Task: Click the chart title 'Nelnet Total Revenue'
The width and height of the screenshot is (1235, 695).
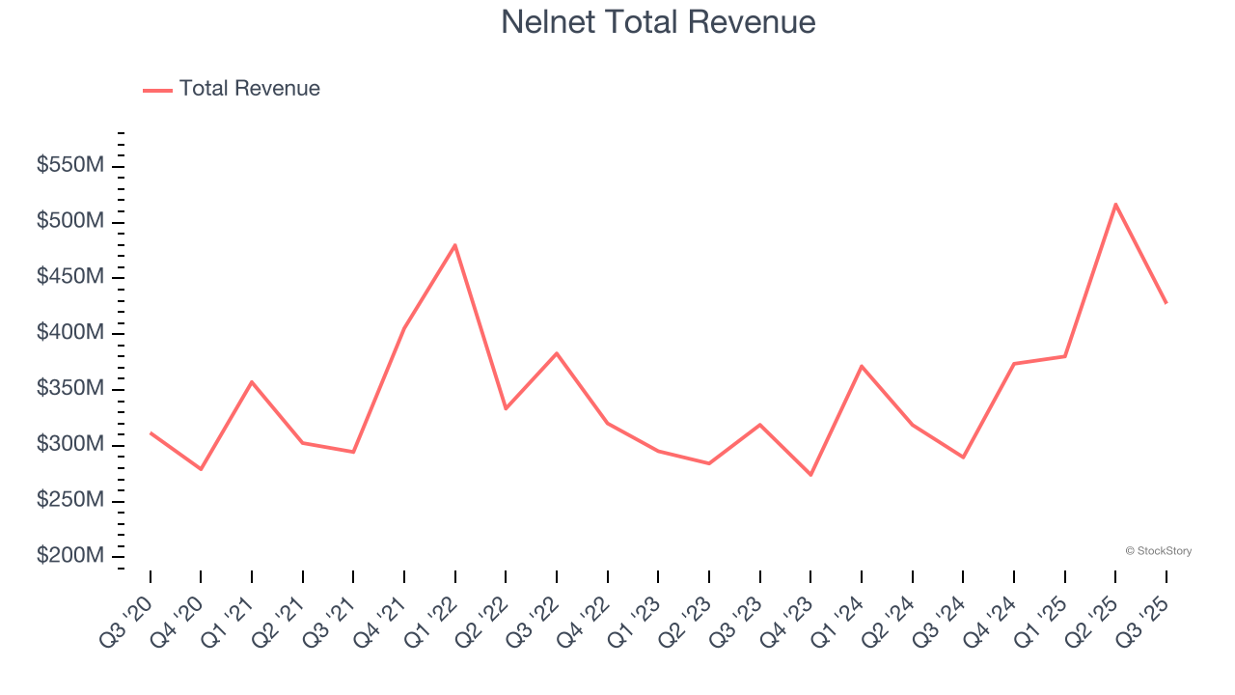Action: click(x=658, y=21)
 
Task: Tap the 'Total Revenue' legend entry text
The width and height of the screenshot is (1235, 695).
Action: click(x=249, y=89)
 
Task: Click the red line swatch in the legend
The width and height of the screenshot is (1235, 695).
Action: click(x=157, y=90)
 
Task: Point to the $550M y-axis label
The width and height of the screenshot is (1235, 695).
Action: click(x=69, y=166)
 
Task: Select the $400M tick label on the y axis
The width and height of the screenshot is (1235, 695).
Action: click(x=69, y=333)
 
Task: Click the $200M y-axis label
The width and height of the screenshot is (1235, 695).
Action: click(x=69, y=557)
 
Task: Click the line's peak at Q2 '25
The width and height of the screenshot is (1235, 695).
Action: click(x=1115, y=204)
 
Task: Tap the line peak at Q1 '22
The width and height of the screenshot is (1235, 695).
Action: click(x=455, y=245)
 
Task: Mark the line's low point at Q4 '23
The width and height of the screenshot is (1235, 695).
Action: click(x=810, y=475)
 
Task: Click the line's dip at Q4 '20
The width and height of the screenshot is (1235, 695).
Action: click(x=201, y=469)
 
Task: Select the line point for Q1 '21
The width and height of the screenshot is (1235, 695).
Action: click(x=252, y=381)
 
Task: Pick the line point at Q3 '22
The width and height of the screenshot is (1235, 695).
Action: click(x=557, y=353)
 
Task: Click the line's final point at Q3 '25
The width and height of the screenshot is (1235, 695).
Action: click(x=1166, y=303)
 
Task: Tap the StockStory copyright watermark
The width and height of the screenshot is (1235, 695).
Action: click(x=1158, y=551)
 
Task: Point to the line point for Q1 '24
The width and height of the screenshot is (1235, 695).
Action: click(x=861, y=366)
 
